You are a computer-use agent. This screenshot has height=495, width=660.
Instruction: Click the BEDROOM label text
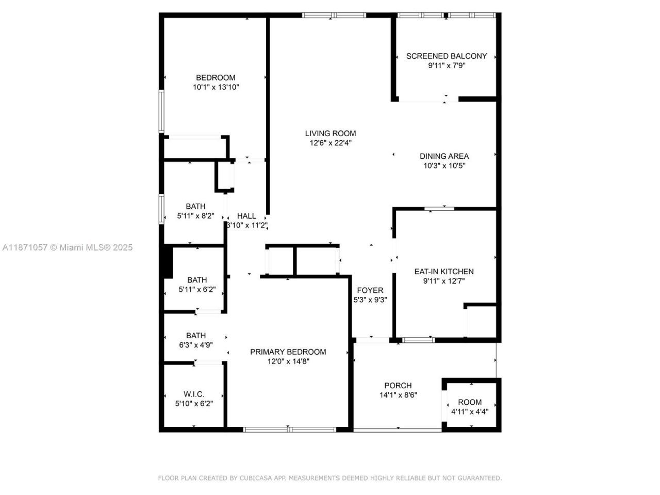click(x=216, y=78)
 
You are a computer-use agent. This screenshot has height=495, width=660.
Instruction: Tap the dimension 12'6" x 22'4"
click(x=331, y=143)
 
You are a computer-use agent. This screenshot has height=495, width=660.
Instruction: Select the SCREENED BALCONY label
click(x=447, y=56)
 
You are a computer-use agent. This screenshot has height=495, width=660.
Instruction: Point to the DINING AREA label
click(x=444, y=156)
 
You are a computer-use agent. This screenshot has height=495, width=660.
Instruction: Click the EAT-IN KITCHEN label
click(x=444, y=272)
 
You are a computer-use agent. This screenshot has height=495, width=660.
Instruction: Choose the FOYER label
click(x=370, y=290)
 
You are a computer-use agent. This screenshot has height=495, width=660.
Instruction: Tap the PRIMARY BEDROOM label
click(x=288, y=352)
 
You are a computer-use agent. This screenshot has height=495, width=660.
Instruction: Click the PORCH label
click(x=398, y=386)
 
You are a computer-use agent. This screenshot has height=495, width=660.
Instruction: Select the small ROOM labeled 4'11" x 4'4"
click(x=470, y=402)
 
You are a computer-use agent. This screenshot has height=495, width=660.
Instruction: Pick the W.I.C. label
click(x=194, y=394)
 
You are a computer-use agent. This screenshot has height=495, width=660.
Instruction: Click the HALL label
click(x=246, y=216)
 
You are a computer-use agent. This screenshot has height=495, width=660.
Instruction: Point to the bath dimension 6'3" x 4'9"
click(x=196, y=345)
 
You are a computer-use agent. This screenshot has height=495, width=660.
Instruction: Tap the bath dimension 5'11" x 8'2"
click(x=195, y=216)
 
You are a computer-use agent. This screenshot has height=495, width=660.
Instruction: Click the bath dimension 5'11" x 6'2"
click(x=197, y=290)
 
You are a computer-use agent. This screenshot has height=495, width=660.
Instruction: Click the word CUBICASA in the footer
click(x=256, y=478)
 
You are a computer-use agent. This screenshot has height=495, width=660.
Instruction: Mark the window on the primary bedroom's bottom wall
click(x=290, y=429)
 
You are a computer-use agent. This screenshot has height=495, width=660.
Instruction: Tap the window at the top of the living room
click(x=334, y=15)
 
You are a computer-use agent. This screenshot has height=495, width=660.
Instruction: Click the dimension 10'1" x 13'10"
click(x=216, y=88)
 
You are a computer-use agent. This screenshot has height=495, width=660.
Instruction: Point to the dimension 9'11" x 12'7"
click(x=444, y=282)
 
